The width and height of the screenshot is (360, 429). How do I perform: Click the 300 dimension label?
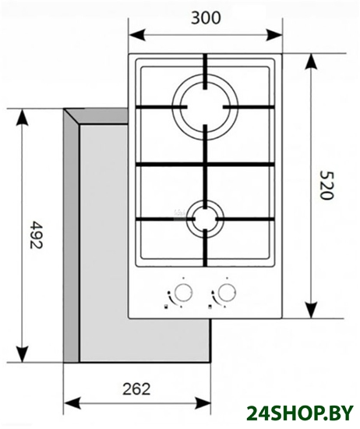tap(205, 18)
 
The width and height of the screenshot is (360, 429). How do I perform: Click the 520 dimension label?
tap(326, 186)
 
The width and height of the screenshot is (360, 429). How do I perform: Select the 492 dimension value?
tap(36, 235)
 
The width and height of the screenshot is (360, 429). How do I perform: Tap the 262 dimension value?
tap(136, 388)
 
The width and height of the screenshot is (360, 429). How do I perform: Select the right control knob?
tap(227, 292)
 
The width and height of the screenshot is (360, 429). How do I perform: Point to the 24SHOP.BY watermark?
tap(300, 413)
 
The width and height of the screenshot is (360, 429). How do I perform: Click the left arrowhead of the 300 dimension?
tap(136, 35)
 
